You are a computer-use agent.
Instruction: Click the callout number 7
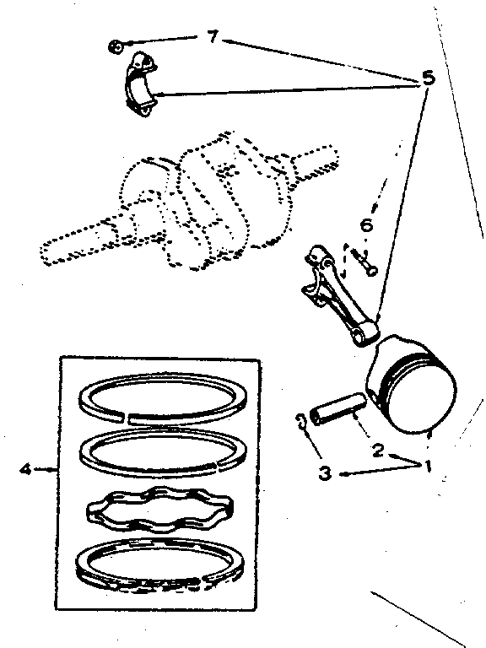(x=213, y=37)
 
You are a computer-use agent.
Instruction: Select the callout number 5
(x=428, y=78)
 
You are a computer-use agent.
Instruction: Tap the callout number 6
(x=366, y=225)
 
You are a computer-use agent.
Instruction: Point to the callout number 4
(x=25, y=469)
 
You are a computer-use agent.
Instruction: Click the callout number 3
(x=325, y=472)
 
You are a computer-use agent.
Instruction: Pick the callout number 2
(x=378, y=450)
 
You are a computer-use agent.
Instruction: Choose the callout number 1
(x=428, y=466)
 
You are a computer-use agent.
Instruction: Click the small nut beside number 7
(x=116, y=46)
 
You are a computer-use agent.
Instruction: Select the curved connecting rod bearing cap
(x=142, y=84)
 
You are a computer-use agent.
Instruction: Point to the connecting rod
(x=339, y=294)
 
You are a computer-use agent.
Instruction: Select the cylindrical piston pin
(x=338, y=409)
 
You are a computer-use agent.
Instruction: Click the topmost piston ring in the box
(x=164, y=399)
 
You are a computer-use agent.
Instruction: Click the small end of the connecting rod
(x=366, y=332)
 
